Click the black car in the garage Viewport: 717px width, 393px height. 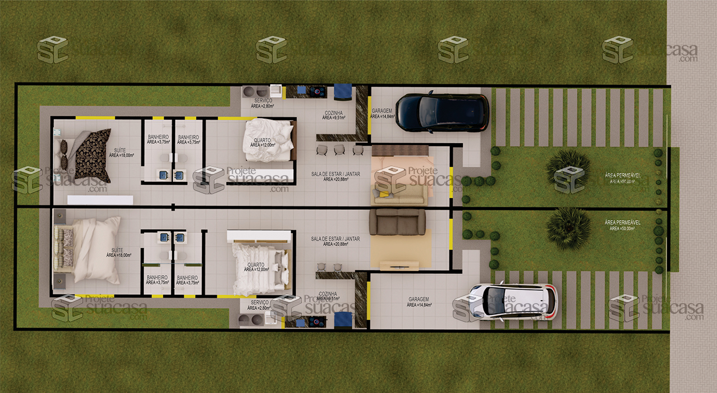(x=442, y=112)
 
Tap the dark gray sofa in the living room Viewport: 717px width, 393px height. (x=397, y=221)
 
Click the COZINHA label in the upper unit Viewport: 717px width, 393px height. (x=335, y=114)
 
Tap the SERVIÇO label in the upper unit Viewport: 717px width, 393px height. (x=263, y=101)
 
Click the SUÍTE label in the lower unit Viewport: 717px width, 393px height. (x=117, y=251)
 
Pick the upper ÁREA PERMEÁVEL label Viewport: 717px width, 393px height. (x=622, y=175)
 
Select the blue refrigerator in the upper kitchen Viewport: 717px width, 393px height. (x=343, y=92)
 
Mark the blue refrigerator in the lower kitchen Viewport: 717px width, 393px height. (x=343, y=321)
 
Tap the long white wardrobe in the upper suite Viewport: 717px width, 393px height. (x=100, y=200)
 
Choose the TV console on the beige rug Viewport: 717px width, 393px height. (x=399, y=265)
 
